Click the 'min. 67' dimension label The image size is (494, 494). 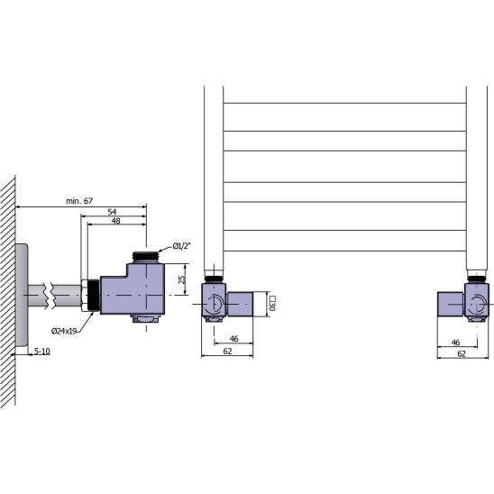(79, 201)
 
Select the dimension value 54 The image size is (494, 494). (112, 212)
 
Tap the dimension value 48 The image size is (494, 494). (116, 221)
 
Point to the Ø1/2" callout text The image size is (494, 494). (182, 246)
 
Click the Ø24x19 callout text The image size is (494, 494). (64, 331)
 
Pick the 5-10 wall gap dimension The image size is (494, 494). (41, 351)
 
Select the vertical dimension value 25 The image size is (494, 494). (182, 279)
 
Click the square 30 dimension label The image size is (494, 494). (272, 304)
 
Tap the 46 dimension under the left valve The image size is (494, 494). (233, 339)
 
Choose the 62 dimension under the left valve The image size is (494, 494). (227, 351)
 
